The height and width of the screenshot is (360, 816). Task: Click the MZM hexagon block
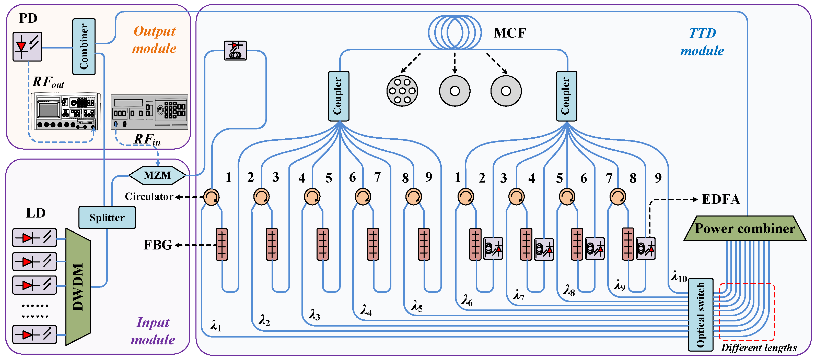157,175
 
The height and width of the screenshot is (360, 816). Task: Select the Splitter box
107,218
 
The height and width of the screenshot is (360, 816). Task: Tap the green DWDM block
78,286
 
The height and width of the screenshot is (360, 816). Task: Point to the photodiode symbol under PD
27,46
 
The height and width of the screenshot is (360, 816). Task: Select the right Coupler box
566,96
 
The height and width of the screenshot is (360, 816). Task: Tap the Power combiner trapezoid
744,229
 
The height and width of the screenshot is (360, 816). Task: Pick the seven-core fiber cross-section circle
402,91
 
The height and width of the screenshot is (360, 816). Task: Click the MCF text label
510,33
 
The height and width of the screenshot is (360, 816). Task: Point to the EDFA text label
721,199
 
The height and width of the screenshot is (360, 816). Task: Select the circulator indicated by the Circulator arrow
211,197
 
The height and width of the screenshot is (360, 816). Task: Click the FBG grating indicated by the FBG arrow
222,244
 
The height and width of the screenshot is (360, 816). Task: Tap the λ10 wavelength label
679,277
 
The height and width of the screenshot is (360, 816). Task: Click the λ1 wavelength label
216,326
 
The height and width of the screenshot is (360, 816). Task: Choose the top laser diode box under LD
34,238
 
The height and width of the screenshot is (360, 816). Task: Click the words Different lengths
759,348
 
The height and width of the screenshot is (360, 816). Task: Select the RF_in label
147,139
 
